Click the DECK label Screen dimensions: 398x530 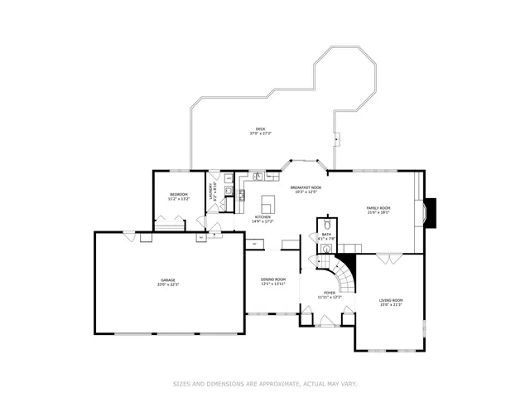click(x=260, y=129)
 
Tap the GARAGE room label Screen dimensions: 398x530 click(x=168, y=280)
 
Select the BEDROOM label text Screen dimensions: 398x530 click(x=179, y=195)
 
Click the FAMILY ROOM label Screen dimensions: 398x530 click(x=378, y=208)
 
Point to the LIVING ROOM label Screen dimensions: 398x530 click(x=391, y=300)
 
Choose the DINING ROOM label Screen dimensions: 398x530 click(x=273, y=279)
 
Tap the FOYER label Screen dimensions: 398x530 click(x=330, y=292)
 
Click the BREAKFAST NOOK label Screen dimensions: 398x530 click(x=306, y=188)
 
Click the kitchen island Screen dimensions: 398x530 click(x=267, y=203)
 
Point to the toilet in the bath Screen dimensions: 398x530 click(x=327, y=224)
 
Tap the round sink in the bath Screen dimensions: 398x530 click(x=327, y=248)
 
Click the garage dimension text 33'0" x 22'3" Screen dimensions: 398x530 click(x=168, y=285)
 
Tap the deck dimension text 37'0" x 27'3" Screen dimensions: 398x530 click(x=260, y=133)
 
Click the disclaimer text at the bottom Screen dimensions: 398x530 click(x=264, y=384)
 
